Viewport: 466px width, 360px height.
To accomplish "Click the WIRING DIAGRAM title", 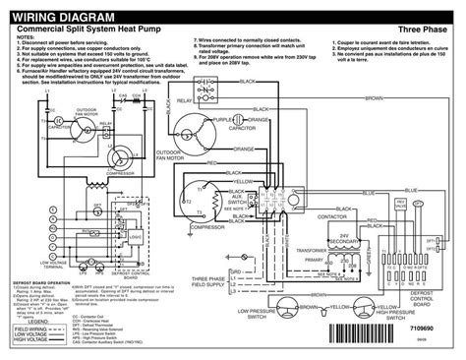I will (x=74, y=18).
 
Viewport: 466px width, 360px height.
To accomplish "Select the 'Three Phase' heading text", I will (x=423, y=32).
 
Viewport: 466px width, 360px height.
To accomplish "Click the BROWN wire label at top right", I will (x=374, y=100).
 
